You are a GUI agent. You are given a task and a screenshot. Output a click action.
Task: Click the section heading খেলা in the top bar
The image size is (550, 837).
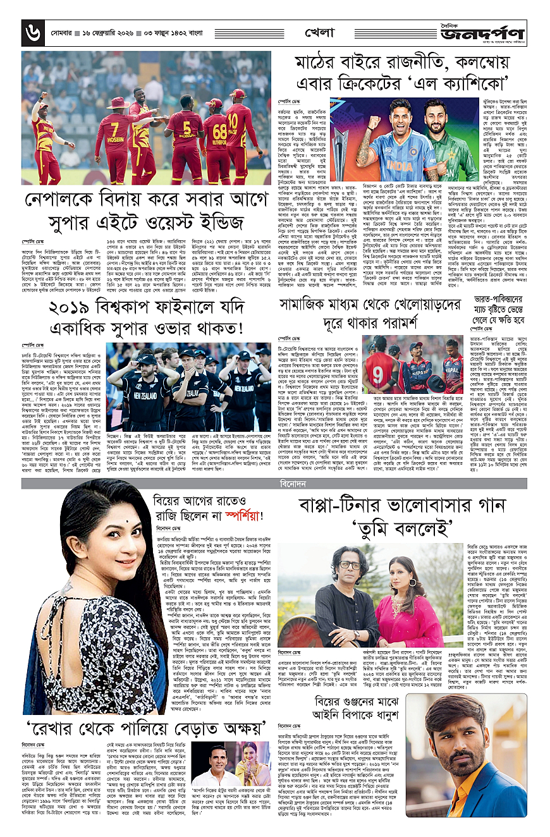(x=319, y=31)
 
